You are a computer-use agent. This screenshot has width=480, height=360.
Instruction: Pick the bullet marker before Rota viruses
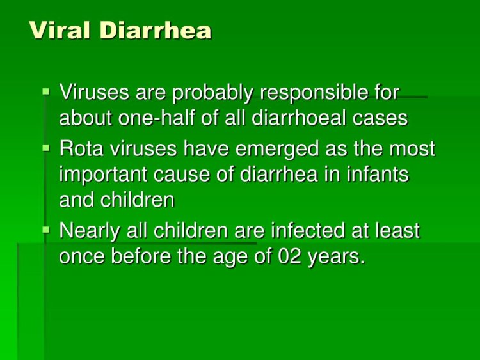pyautogui.click(x=45, y=147)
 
